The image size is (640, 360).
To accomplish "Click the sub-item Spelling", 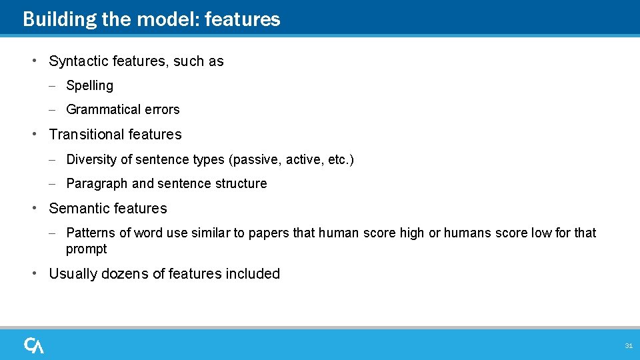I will [90, 86].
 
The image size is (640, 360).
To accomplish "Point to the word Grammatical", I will [104, 110].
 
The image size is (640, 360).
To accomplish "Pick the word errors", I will [163, 110].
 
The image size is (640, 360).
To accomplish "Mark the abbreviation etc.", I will [339, 160].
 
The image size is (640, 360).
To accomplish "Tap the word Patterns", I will [91, 233].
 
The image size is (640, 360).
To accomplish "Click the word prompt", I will [86, 249].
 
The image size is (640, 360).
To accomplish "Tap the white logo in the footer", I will [34, 345].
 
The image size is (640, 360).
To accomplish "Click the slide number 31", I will [628, 345].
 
